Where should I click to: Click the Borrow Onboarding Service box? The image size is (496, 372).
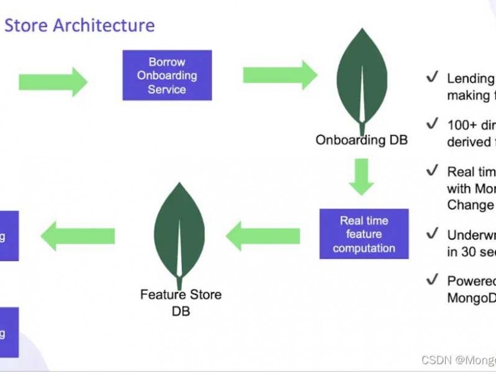pyautogui.click(x=167, y=76)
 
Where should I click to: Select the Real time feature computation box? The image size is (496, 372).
pyautogui.click(x=364, y=234)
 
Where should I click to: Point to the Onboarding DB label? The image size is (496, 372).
pyautogui.click(x=361, y=140)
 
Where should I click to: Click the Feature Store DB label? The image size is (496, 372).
pyautogui.click(x=180, y=302)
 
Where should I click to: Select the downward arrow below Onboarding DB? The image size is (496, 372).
pyautogui.click(x=361, y=176)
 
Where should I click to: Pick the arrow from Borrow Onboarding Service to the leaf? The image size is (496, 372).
pyautogui.click(x=279, y=75)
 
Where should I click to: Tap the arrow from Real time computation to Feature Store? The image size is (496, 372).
pyautogui.click(x=263, y=236)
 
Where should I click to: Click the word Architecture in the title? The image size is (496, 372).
pyautogui.click(x=104, y=25)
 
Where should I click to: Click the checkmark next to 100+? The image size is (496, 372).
pyautogui.click(x=432, y=125)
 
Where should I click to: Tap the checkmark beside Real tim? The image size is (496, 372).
pyautogui.click(x=432, y=170)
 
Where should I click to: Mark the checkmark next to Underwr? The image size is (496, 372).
pyautogui.click(x=432, y=234)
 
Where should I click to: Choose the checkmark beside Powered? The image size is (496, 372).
pyautogui.click(x=432, y=280)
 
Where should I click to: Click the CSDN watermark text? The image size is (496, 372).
pyautogui.click(x=458, y=360)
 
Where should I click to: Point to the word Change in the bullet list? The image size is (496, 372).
pyautogui.click(x=471, y=205)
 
